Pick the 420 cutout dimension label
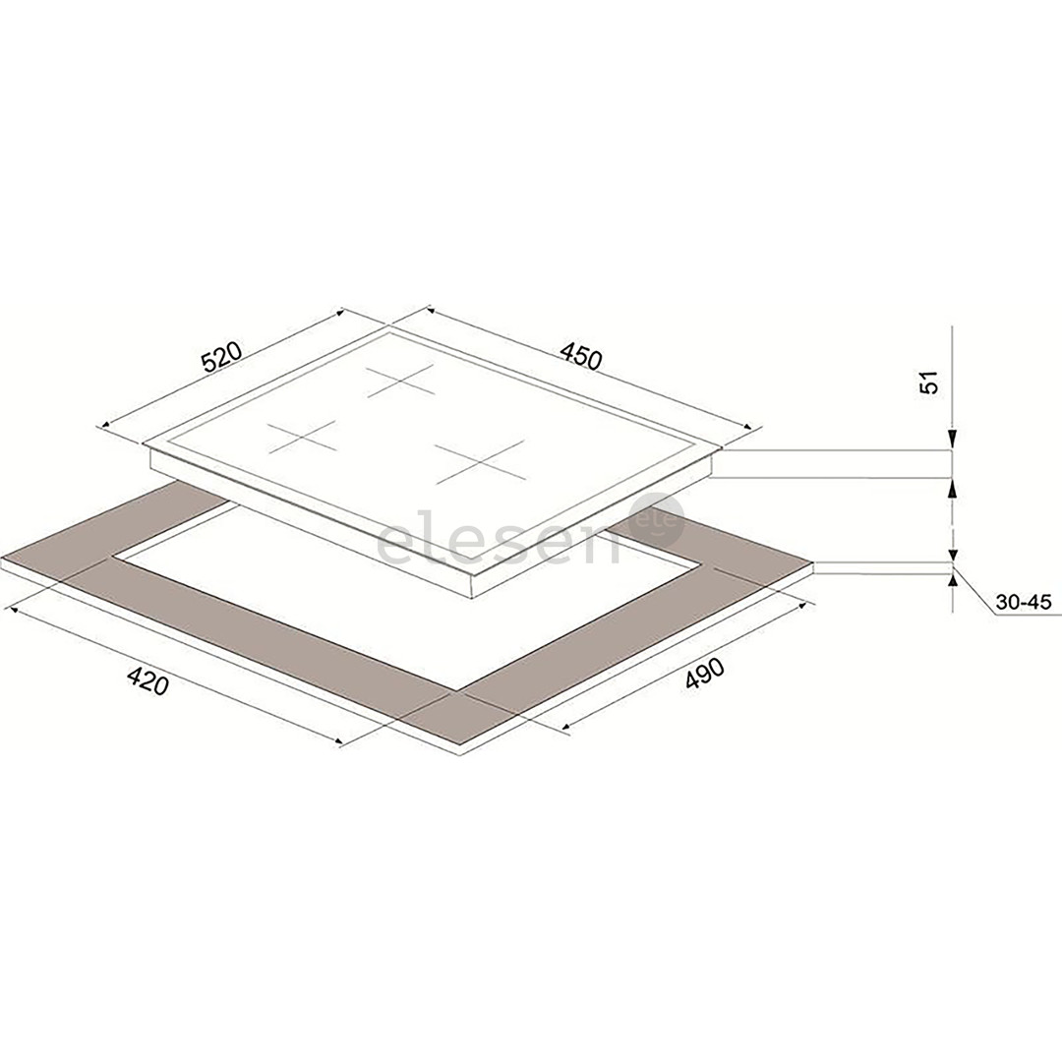[147, 679]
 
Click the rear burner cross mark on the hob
[401, 380]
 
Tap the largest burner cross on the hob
[480, 460]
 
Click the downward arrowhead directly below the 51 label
[952, 442]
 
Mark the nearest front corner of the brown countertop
[459, 752]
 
